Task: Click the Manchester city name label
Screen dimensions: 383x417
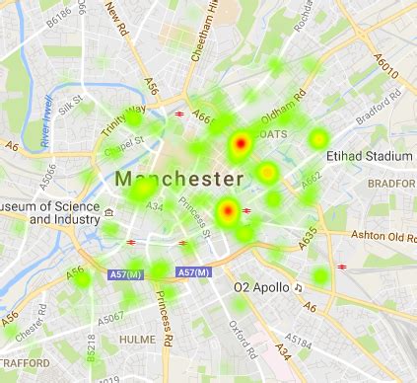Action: (178, 179)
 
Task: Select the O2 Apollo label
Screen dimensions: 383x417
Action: (261, 288)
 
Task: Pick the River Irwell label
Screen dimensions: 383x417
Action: (48, 124)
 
